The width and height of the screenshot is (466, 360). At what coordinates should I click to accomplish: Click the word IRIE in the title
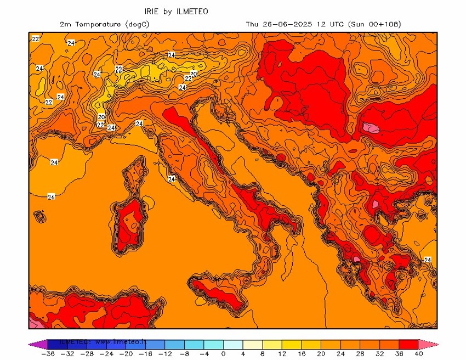pyautogui.click(x=152, y=11)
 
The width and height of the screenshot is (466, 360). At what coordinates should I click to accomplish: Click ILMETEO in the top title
pyautogui.click(x=192, y=11)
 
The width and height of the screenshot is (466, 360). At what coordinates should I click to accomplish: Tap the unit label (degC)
pyautogui.click(x=137, y=24)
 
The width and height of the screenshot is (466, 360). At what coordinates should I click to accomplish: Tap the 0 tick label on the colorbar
pyautogui.click(x=223, y=354)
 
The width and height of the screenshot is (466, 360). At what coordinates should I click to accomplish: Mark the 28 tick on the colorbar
pyautogui.click(x=360, y=354)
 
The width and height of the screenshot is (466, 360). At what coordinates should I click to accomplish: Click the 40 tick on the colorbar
pyautogui.click(x=419, y=354)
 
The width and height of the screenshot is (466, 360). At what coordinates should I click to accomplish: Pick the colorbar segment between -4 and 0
pyautogui.click(x=213, y=344)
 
